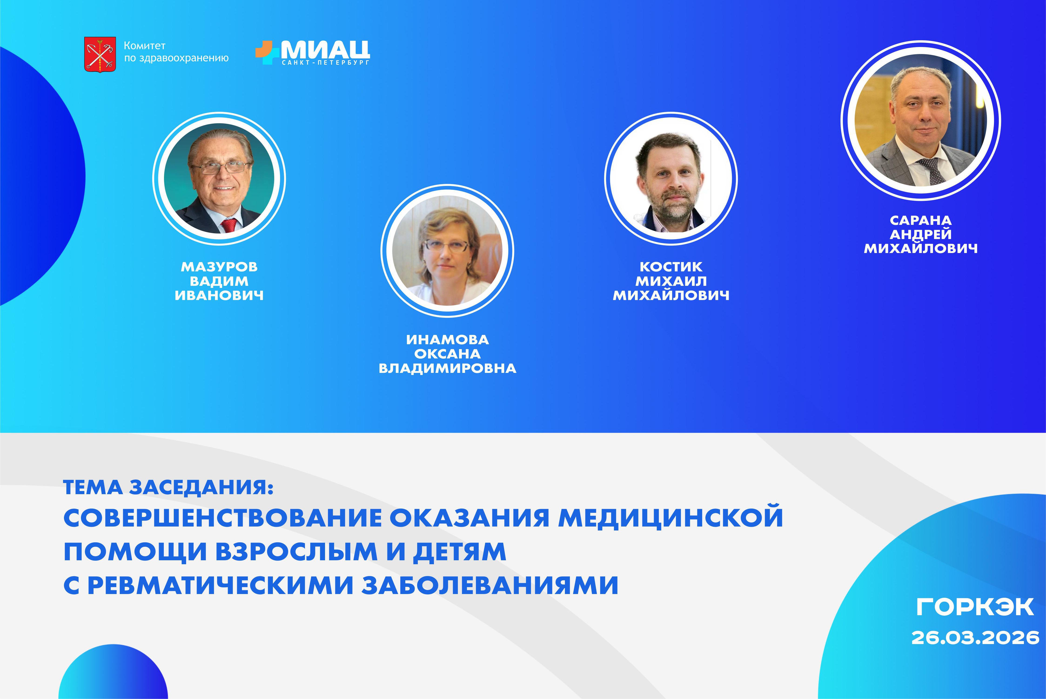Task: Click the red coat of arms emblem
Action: click(100, 54)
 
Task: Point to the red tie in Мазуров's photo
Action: click(229, 225)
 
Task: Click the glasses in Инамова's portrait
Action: click(447, 245)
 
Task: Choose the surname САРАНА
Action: click(920, 220)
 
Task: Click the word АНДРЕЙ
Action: click(920, 234)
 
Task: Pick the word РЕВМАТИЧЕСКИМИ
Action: click(221, 585)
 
